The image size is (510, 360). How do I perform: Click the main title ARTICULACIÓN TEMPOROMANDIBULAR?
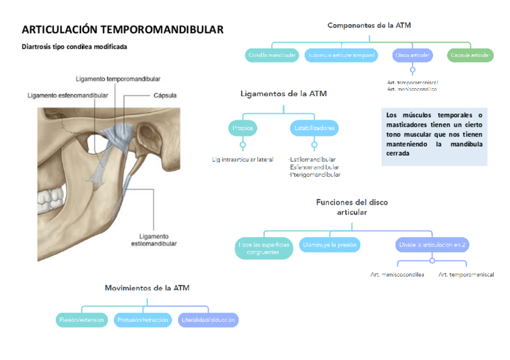(x=123, y=29)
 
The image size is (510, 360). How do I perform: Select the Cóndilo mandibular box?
(x=272, y=56)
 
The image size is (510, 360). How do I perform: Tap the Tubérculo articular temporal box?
(x=341, y=56)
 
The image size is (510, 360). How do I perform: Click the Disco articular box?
(x=412, y=56)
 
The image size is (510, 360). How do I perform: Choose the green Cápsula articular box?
(x=470, y=56)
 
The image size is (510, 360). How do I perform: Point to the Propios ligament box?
(x=243, y=128)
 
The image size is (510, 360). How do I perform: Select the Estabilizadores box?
(x=314, y=128)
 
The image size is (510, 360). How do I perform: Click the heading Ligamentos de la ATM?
(x=283, y=94)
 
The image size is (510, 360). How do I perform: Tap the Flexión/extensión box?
(x=82, y=320)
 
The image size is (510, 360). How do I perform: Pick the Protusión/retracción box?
(x=143, y=320)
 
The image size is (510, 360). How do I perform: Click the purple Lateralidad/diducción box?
(x=208, y=320)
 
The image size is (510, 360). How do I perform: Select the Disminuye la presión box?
(x=330, y=245)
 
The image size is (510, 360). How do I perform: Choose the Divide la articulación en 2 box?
(x=432, y=245)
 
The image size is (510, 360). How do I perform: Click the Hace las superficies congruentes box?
(x=263, y=248)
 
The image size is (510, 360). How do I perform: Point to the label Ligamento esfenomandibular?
(x=68, y=95)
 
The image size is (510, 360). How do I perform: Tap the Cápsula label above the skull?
(x=165, y=95)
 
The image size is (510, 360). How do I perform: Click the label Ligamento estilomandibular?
(x=154, y=240)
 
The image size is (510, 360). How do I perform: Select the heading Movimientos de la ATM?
(x=147, y=288)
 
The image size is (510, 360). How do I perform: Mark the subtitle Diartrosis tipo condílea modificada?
(x=74, y=46)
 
